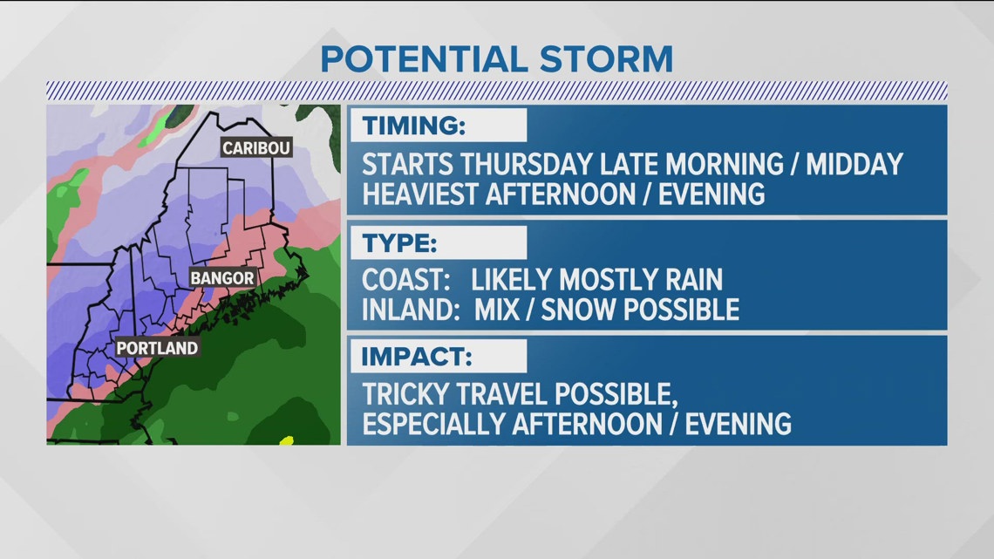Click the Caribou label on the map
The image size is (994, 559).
tap(255, 148)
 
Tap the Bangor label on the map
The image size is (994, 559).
tap(222, 278)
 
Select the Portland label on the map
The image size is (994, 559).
tap(157, 348)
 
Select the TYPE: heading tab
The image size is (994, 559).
tap(399, 242)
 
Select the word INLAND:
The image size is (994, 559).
tap(414, 309)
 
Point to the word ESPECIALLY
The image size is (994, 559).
tap(445, 424)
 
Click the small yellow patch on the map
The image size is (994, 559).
tap(285, 440)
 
